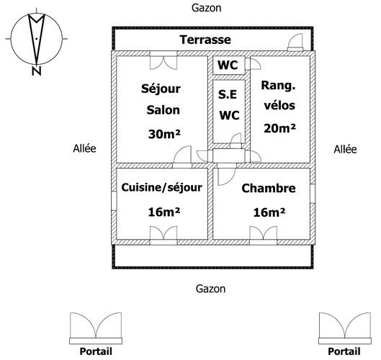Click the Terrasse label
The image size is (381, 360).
[x=205, y=40]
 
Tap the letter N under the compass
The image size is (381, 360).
[x=37, y=71]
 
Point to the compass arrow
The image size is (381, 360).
[x=37, y=40]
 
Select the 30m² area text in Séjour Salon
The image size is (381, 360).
[x=164, y=134]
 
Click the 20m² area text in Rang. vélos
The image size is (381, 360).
[x=279, y=128]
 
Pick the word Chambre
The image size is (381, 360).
[x=269, y=188]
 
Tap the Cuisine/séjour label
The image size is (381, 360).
[x=162, y=187]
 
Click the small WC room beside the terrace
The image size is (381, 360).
[x=228, y=65]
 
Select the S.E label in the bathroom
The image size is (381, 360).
[x=228, y=94]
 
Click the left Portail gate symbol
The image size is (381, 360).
[x=96, y=328]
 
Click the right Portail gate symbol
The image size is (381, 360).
[x=345, y=328]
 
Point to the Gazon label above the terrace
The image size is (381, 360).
[x=207, y=8]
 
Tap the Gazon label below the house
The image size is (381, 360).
[x=211, y=289]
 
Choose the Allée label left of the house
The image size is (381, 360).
[x=84, y=148]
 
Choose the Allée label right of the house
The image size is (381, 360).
[x=345, y=149]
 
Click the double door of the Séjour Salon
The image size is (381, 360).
[x=163, y=60]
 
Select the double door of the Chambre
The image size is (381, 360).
[x=264, y=235]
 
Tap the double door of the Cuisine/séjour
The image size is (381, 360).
[x=163, y=235]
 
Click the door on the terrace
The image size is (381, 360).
[x=295, y=42]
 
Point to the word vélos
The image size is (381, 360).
[x=279, y=105]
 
